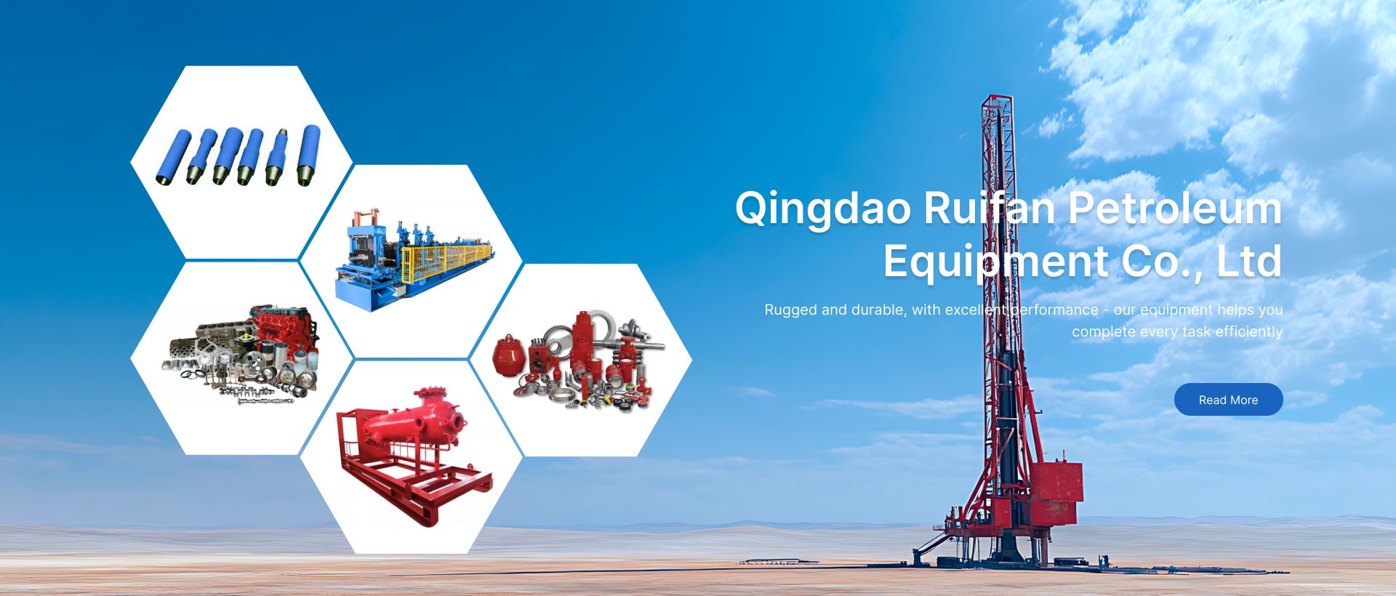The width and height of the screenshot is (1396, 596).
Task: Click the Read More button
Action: click(1228, 400)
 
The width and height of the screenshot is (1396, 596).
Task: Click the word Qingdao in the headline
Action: click(823, 209)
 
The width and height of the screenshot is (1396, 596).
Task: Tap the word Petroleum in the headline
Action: click(1174, 208)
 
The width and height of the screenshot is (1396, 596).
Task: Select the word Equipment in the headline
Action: click(997, 262)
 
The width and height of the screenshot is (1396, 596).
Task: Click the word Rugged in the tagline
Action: click(790, 310)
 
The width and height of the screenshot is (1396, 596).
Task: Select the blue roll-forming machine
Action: click(414, 261)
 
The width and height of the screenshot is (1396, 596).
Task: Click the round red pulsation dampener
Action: click(509, 356)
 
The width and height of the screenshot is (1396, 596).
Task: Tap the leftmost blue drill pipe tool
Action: click(173, 157)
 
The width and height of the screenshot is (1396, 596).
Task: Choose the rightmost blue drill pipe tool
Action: click(309, 155)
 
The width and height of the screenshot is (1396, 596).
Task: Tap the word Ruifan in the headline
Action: click(990, 208)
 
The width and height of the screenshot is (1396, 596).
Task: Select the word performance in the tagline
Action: click(1054, 310)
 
